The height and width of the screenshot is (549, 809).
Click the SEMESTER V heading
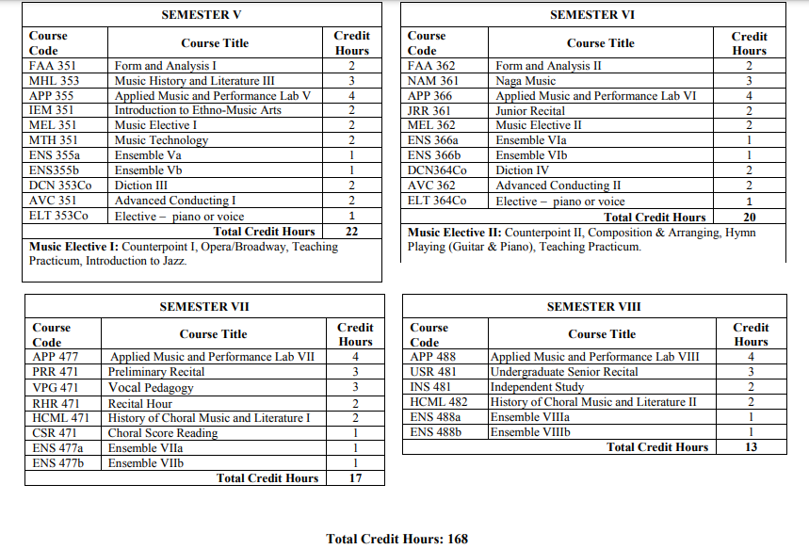[202, 15]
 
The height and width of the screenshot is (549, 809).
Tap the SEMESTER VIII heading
[593, 307]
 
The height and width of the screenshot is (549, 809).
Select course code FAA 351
[54, 66]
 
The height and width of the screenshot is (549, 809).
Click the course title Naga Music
[526, 81]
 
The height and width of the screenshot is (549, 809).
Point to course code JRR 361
[429, 110]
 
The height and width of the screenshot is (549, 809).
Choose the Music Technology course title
[161, 140]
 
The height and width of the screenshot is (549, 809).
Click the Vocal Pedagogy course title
[151, 387]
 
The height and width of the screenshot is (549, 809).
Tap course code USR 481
[432, 372]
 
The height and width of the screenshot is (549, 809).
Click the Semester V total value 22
[352, 232]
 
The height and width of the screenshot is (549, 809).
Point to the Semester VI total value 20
[750, 218]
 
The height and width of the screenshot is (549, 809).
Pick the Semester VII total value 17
[355, 478]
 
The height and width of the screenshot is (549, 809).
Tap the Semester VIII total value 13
[751, 447]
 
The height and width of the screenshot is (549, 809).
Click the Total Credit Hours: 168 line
[396, 539]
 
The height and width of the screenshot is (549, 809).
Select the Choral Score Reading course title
[163, 433]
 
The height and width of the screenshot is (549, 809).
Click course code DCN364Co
[437, 170]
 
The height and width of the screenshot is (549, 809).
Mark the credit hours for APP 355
[352, 96]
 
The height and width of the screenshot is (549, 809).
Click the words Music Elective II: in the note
[455, 233]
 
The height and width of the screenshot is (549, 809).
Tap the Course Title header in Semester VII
[213, 334]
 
